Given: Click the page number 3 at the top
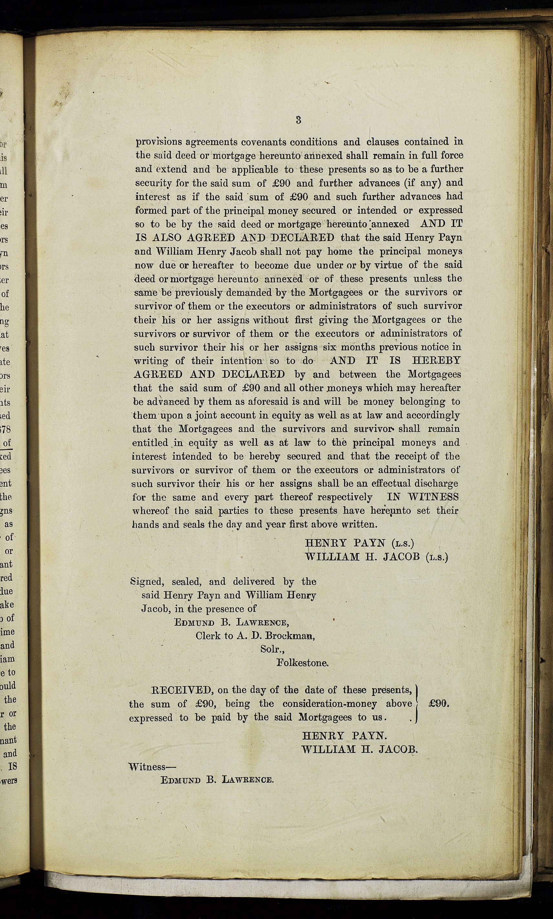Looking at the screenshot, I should tap(298, 120).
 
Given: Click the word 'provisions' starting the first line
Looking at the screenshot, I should tap(157, 142).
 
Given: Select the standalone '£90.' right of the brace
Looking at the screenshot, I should tap(439, 704).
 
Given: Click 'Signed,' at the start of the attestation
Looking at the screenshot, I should tap(145, 582).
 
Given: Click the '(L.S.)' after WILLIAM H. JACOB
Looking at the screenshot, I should tap(436, 557).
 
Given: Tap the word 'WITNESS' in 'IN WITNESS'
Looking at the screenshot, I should tap(433, 497).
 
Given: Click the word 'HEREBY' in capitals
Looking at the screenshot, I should tap(436, 360).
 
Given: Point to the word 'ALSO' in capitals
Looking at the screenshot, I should tap(167, 238).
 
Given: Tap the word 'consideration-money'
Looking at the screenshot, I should tap(329, 704).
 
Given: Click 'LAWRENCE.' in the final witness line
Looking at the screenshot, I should tap(247, 780).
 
